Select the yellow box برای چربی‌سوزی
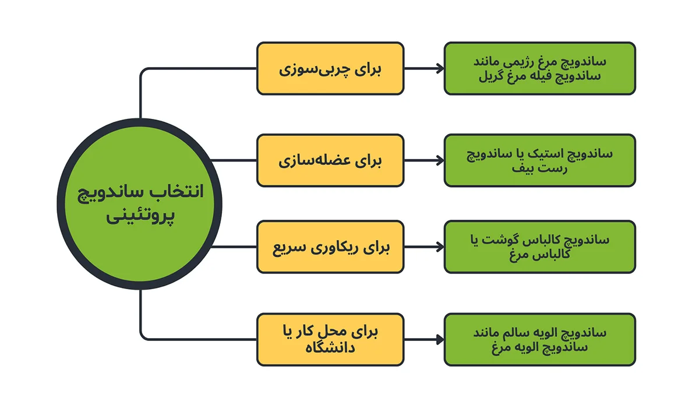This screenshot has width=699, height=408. coord(330,68)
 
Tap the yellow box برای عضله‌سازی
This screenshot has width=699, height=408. coord(330,160)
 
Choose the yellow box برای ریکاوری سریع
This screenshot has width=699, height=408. coord(330,247)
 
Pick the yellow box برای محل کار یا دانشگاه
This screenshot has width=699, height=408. coord(330,339)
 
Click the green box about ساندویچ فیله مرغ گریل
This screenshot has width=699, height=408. coord(539,68)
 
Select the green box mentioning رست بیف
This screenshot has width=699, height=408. coord(539,160)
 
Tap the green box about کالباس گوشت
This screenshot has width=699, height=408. coord(539,247)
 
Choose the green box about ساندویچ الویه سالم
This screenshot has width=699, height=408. coord(539,339)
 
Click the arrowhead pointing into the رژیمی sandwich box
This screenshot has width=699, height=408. coord(440,68)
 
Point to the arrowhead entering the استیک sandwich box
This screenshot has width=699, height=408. coord(440,160)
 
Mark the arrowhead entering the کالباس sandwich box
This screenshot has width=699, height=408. coord(440,247)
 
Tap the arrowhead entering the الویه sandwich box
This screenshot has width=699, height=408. coord(440,339)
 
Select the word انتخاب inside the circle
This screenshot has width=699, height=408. coord(181,193)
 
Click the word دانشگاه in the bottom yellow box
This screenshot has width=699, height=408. coord(330,348)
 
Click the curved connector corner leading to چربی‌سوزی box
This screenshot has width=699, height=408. coord(144,72)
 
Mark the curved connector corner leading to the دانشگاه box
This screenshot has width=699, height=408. coord(144,336)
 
